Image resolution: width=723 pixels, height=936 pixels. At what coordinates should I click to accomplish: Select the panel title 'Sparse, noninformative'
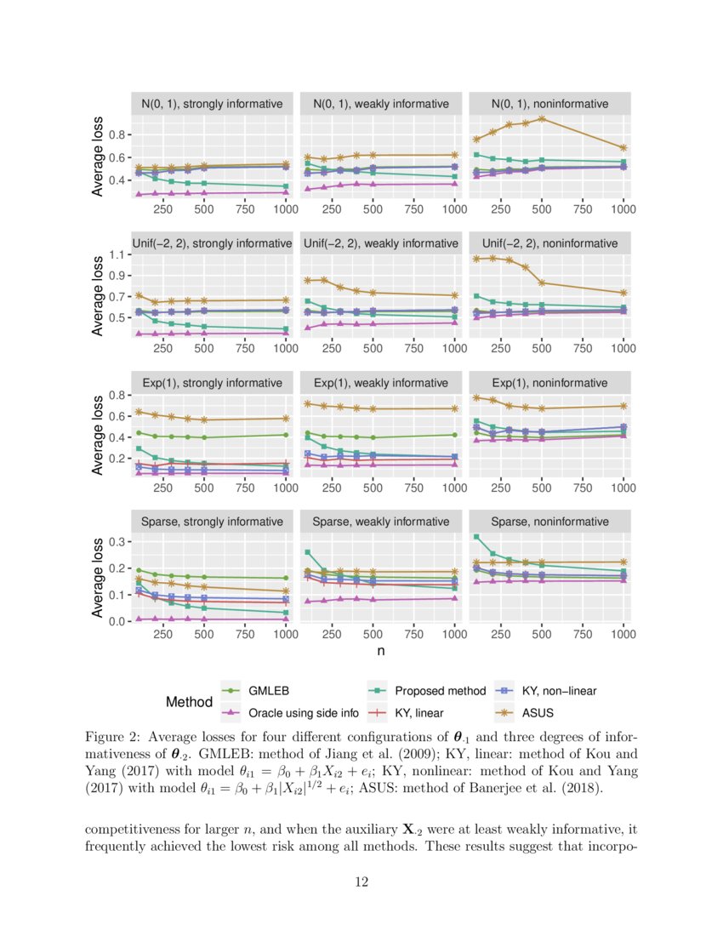[x=549, y=521]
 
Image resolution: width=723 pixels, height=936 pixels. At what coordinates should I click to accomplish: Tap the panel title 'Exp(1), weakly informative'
[x=380, y=382]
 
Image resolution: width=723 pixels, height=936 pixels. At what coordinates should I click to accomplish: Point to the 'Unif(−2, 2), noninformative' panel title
[x=549, y=243]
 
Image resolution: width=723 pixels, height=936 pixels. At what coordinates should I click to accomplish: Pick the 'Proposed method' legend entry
[x=439, y=691]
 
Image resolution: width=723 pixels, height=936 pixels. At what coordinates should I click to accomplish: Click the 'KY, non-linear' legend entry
[x=558, y=691]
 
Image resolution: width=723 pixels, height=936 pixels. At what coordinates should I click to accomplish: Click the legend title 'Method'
[x=189, y=702]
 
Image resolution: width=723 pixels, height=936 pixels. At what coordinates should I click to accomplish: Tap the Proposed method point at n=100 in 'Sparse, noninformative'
[x=476, y=537]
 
